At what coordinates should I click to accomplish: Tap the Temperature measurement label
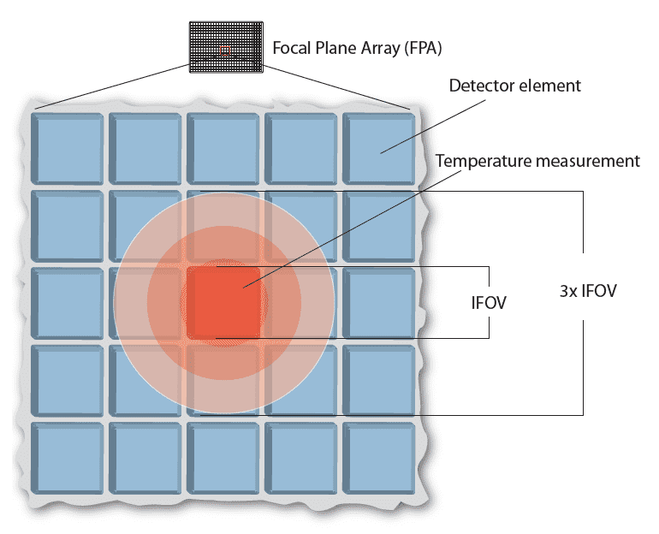point(537,160)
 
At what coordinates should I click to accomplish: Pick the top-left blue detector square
point(68,146)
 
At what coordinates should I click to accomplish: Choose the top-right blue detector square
point(379,146)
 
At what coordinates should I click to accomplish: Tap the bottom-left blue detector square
point(68,458)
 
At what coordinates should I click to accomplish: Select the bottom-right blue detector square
point(379,458)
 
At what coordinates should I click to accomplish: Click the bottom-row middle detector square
point(223,458)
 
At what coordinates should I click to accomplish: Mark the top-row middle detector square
point(223,146)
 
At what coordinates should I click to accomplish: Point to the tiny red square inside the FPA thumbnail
point(225,50)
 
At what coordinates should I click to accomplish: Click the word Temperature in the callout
point(478,160)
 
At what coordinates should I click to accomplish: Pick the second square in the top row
point(145,146)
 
